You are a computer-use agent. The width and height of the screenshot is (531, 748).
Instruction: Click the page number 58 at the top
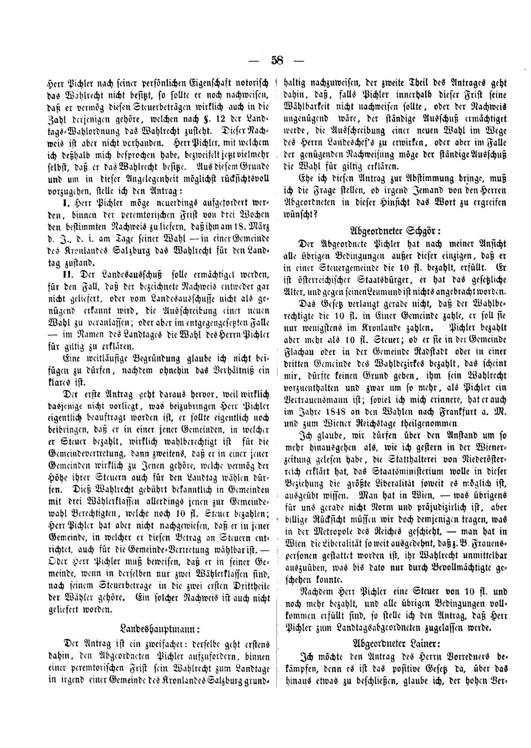click(277, 60)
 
